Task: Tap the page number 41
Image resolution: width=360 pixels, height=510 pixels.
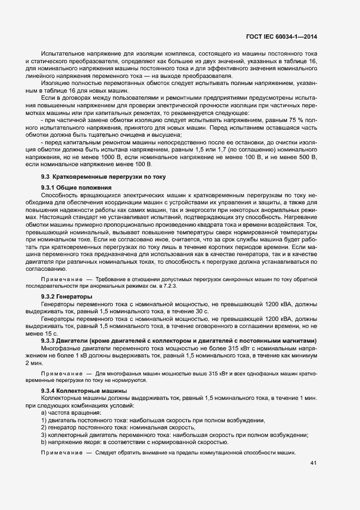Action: [313, 463]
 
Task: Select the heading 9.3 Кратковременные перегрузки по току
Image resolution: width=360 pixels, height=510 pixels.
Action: [104, 178]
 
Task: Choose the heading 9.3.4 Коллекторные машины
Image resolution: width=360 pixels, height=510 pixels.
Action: [84, 391]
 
